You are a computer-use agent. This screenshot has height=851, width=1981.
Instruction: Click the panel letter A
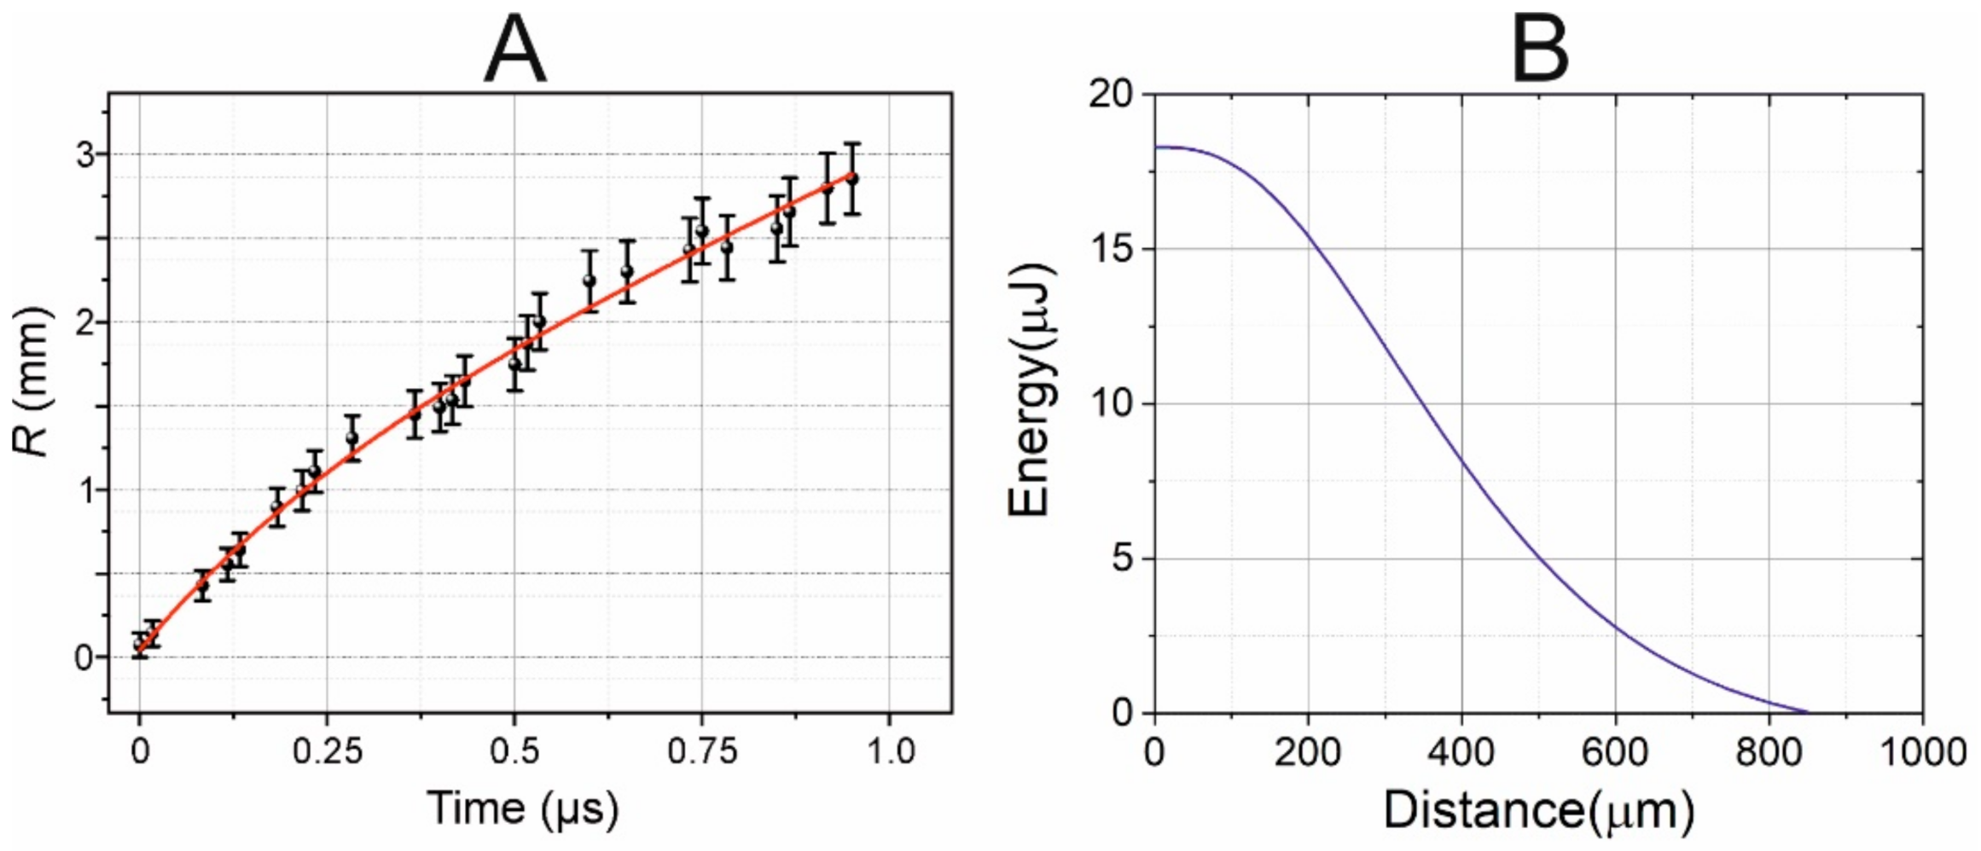514,49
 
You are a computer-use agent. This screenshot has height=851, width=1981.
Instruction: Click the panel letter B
1539,49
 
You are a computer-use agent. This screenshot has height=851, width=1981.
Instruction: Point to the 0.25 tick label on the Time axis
327,752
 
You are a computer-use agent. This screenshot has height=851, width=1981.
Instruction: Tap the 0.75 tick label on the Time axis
701,752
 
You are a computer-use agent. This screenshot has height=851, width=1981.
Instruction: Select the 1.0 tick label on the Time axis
890,752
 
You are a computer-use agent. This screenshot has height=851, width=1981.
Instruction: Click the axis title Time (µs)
522,807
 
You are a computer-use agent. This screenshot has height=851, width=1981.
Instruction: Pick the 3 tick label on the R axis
84,155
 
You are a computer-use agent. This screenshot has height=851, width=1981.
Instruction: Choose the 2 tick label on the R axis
84,322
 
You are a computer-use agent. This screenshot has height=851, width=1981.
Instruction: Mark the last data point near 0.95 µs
851,178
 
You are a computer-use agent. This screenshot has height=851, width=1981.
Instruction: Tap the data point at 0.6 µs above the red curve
589,281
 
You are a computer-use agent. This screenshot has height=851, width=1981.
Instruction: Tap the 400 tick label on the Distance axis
1461,752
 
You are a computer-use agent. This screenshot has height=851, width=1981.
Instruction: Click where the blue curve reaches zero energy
1807,711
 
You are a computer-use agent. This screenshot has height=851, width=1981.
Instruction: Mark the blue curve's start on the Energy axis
1155,148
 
